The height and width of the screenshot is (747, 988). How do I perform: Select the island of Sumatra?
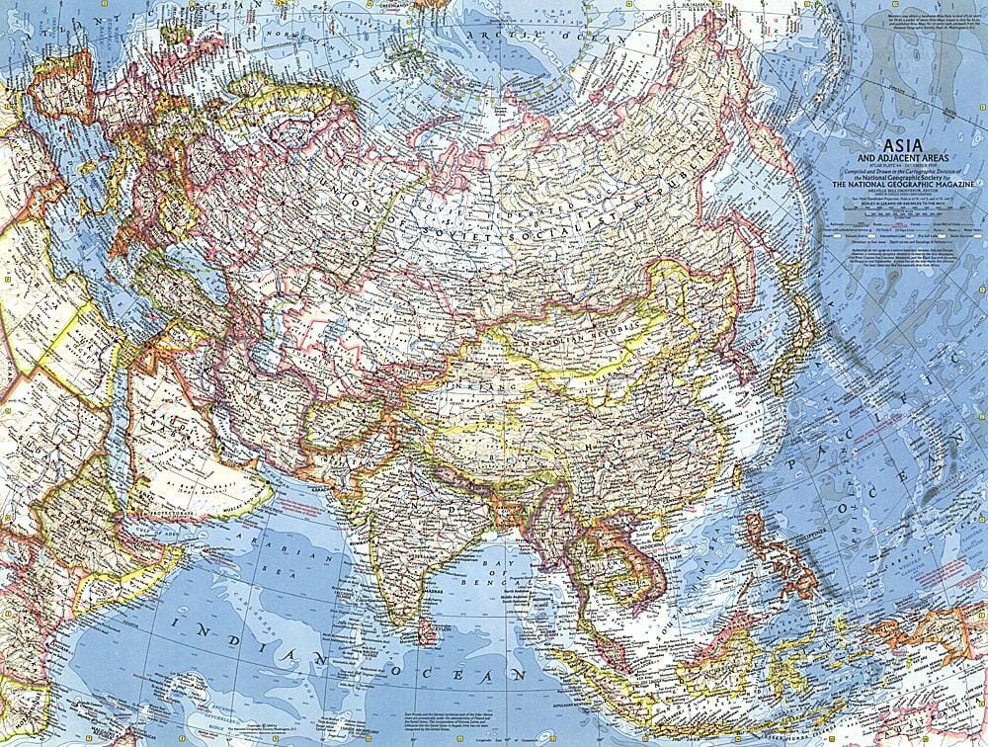583,682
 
